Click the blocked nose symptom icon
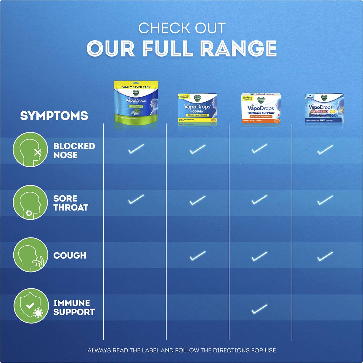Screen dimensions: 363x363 tap(30, 151)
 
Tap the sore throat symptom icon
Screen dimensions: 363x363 tap(30, 202)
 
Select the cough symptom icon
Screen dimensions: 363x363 tap(30, 255)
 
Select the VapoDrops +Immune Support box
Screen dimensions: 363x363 tap(261, 108)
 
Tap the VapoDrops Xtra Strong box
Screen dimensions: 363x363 tap(324, 108)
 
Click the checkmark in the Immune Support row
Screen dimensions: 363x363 tap(260, 309)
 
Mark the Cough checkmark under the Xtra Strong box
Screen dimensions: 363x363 tap(325, 256)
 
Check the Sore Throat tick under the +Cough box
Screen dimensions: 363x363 tap(198, 200)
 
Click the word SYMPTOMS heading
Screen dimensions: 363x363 tap(54, 116)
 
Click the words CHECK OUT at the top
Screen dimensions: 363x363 tap(182, 28)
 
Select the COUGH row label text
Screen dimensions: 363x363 tap(70, 256)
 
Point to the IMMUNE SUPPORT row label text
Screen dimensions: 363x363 tap(74, 308)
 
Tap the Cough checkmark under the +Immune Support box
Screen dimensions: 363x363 tap(260, 257)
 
